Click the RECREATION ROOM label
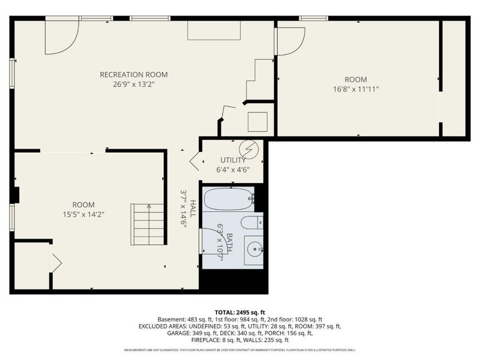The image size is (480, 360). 133,74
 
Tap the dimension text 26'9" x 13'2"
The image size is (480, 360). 133,85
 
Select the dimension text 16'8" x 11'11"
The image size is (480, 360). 355,89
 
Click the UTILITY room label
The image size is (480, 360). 233,160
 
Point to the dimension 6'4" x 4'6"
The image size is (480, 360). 233,170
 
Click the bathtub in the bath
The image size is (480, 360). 229,199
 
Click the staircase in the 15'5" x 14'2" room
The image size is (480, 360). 148,223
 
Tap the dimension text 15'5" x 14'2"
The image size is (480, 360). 84,214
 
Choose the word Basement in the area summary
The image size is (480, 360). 170,319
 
